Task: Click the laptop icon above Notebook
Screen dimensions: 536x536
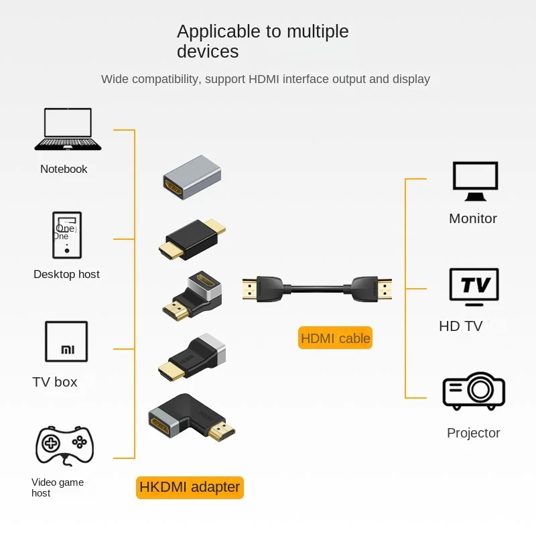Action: click(x=68, y=129)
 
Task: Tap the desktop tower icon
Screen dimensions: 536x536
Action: click(x=67, y=234)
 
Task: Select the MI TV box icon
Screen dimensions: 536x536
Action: click(x=66, y=342)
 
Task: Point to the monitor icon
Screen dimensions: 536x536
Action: click(x=475, y=181)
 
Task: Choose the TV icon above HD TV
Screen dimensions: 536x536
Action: click(x=474, y=287)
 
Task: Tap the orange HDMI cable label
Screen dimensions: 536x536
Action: click(x=335, y=338)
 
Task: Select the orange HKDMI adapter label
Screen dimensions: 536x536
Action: click(x=190, y=487)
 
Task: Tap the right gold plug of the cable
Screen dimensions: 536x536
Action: click(x=383, y=289)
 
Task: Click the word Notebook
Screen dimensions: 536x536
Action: click(x=64, y=169)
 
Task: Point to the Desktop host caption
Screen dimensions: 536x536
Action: click(x=66, y=274)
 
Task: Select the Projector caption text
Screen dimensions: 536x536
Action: click(x=473, y=433)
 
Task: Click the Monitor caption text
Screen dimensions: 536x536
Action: click(x=473, y=218)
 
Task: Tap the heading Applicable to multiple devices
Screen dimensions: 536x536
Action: click(x=263, y=41)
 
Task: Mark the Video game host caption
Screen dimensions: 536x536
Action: click(x=57, y=488)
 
